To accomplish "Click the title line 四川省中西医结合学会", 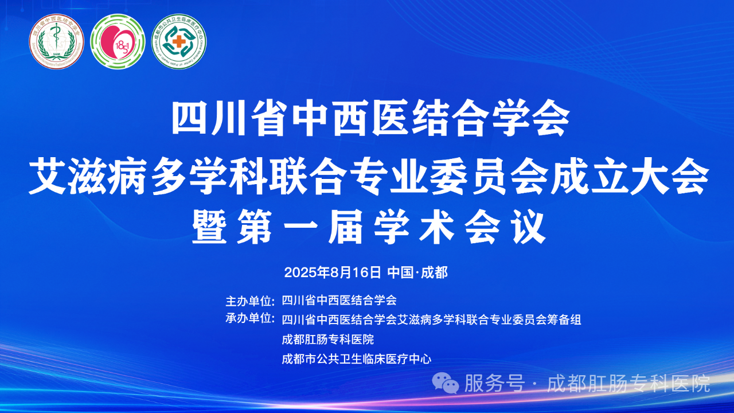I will tap(371, 118).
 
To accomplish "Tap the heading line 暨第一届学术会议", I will tap(367, 228).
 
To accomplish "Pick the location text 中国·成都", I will tap(417, 272).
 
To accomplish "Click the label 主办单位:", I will tap(251, 300).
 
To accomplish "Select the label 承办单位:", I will tap(251, 319).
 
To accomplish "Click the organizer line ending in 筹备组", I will tap(431, 320).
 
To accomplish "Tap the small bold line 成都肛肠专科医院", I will tap(328, 339).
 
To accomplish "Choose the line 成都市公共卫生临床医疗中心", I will tap(357, 359).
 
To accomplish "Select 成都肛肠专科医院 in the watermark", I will tap(628, 383).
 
